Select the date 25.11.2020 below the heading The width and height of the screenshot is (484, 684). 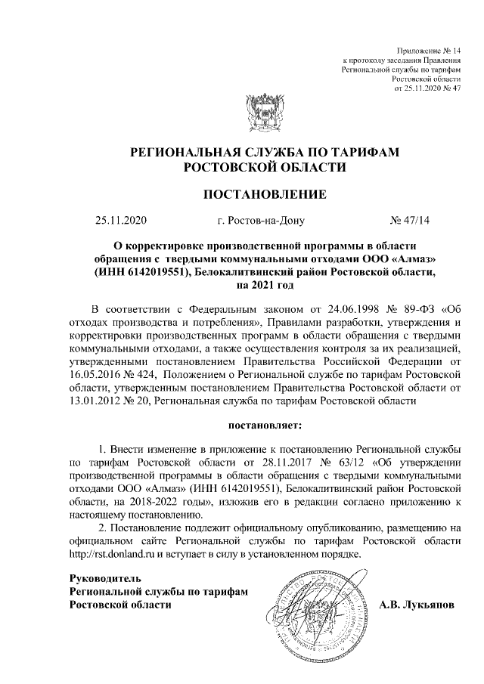click(x=120, y=221)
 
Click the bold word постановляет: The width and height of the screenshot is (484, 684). click(x=265, y=426)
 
